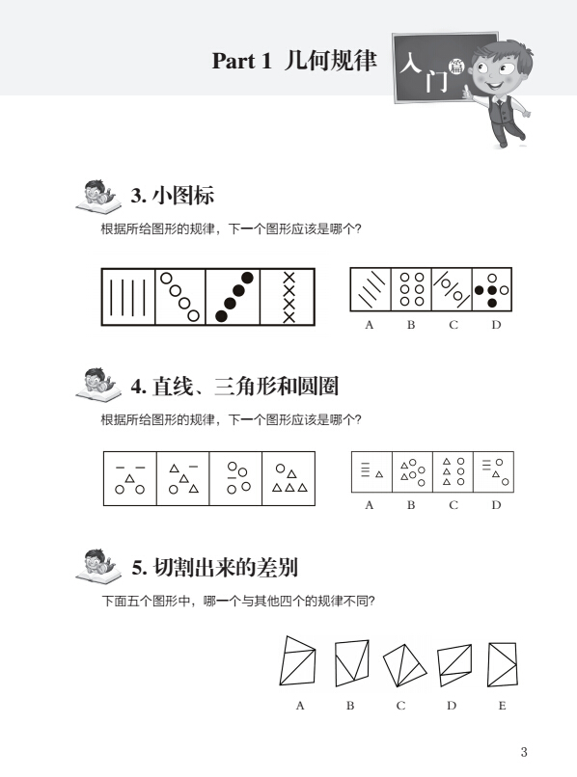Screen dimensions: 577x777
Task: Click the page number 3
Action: [x=524, y=752]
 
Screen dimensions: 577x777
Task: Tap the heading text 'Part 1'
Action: [x=241, y=61]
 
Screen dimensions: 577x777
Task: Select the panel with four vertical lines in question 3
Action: [x=128, y=297]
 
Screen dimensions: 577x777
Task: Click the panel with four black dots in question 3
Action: [x=233, y=297]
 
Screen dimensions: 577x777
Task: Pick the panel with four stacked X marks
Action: [x=288, y=297]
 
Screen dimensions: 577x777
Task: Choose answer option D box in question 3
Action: [x=492, y=289]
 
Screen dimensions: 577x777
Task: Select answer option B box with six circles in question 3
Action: [x=411, y=289]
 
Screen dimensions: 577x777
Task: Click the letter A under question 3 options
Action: [x=369, y=325]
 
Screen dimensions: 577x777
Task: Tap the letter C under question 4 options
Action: [x=453, y=505]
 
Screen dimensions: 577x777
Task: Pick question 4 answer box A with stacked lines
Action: [x=371, y=471]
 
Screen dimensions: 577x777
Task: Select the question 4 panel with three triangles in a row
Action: [x=288, y=478]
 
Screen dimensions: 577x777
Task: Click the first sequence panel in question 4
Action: [x=130, y=478]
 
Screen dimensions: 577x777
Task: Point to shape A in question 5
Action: [x=298, y=661]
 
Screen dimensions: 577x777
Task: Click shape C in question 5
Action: [x=404, y=665]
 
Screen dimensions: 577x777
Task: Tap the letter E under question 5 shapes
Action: [x=502, y=706]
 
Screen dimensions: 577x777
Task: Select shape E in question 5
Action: [x=503, y=664]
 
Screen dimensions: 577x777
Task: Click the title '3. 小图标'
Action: [x=173, y=196]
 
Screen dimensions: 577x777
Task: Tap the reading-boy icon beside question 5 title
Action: [x=98, y=565]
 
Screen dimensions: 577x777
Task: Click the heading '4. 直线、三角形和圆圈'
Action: [x=234, y=387]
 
